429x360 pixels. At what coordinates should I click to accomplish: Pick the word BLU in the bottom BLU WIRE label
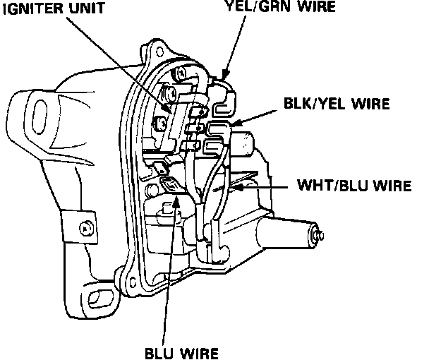158,351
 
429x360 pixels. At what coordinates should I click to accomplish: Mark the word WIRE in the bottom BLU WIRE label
200,351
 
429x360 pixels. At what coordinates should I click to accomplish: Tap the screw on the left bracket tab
85,229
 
